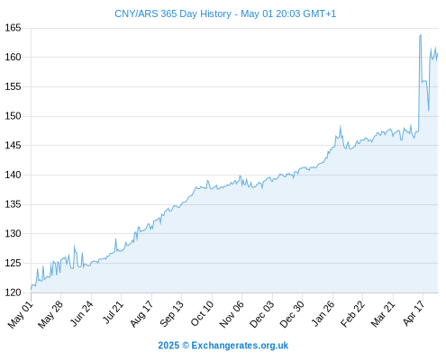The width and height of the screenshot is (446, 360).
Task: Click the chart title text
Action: coord(225,13)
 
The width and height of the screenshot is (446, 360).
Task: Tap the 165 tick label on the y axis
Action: coord(13,28)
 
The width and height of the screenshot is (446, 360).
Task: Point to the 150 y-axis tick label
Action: coord(13,116)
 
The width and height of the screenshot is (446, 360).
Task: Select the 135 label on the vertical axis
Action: coord(13,204)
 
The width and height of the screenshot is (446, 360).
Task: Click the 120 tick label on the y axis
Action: coord(13,292)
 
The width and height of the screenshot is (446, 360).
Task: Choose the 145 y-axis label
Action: coord(13,146)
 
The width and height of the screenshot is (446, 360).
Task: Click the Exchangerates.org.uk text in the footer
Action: coord(240,346)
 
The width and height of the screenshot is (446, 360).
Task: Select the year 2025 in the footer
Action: coord(168,346)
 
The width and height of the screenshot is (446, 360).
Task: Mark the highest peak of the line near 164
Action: coord(421,35)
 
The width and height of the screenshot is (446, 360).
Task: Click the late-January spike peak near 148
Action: coord(341,126)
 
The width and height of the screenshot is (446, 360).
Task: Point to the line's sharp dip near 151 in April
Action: coord(429,111)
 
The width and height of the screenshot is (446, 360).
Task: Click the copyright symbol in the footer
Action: coord(186,346)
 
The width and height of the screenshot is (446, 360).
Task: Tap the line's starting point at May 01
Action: coord(31,290)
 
